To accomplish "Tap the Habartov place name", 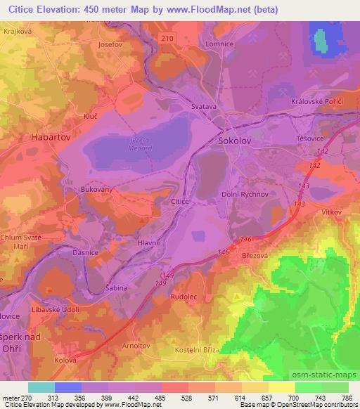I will point(51,138).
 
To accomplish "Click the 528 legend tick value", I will point(188,398).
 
